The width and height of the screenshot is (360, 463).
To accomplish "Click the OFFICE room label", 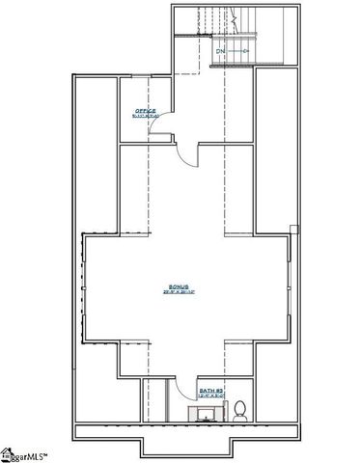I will [x=145, y=111].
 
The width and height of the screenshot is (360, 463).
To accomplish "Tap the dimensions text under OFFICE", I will [x=145, y=117].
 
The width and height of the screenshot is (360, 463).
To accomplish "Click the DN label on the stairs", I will [x=220, y=49].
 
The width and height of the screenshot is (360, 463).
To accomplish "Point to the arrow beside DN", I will [x=240, y=49].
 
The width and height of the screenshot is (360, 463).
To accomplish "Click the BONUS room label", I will [x=180, y=286].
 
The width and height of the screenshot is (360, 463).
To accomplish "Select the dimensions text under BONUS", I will [x=180, y=293].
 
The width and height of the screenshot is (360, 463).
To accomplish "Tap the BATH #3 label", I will [x=210, y=391].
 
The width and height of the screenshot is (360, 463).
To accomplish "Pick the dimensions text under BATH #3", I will [x=210, y=396].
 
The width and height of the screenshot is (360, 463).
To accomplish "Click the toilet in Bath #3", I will [x=240, y=411].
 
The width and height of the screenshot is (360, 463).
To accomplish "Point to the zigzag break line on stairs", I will [x=235, y=16].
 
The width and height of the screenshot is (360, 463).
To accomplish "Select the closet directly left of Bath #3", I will [x=155, y=400].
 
